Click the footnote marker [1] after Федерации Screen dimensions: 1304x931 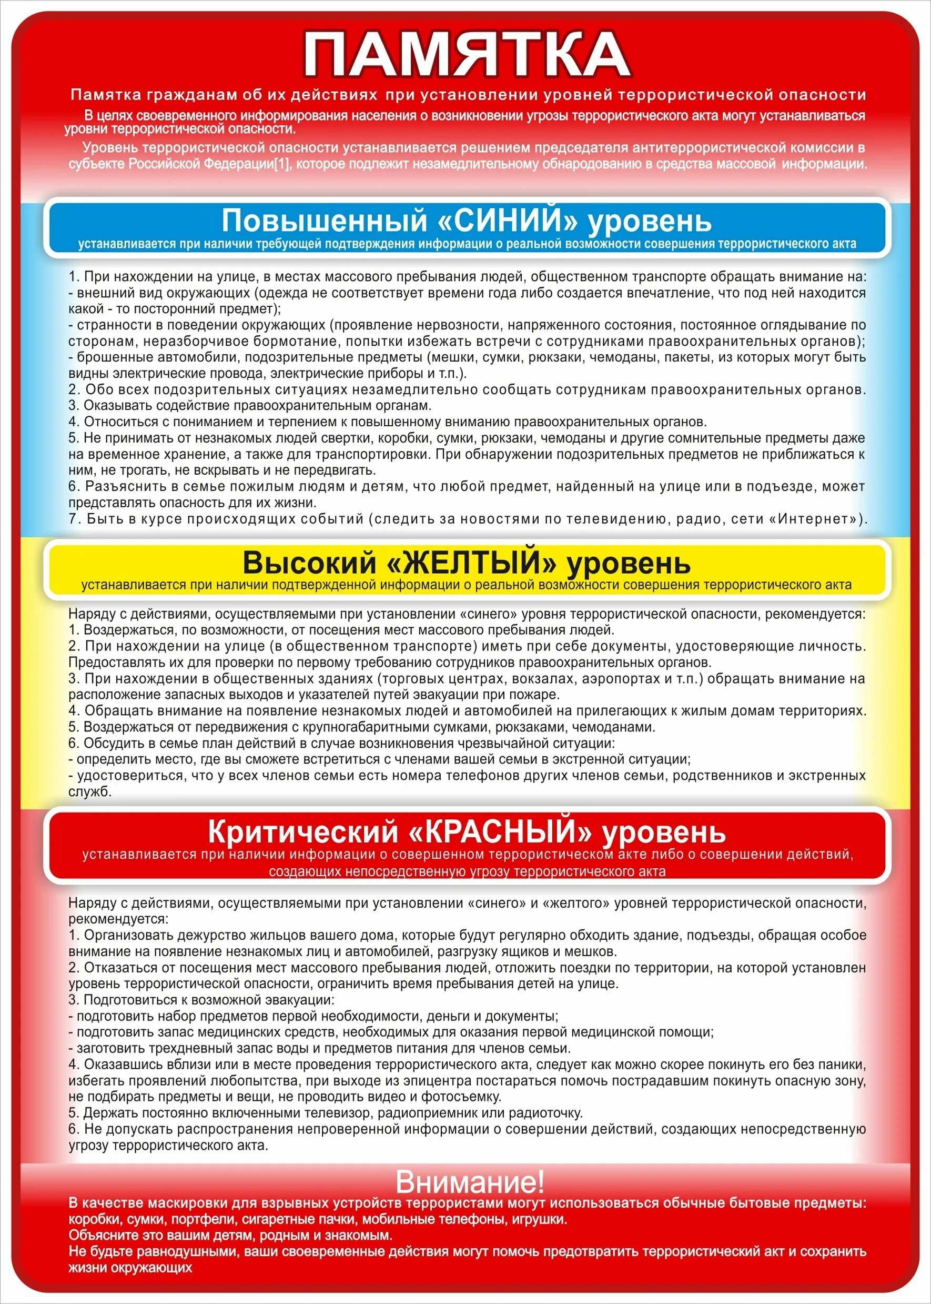[281, 164]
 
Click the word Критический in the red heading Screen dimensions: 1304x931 [303, 831]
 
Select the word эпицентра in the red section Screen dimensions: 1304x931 [407, 1081]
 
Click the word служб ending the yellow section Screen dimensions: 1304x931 [89, 792]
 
